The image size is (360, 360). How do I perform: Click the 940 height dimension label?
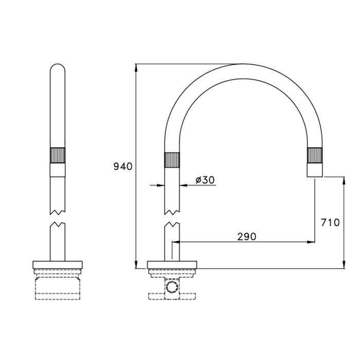(123, 166)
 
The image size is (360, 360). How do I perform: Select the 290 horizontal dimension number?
(246, 237)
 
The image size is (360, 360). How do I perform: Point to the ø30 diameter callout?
(205, 179)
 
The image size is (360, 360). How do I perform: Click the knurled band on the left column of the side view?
(172, 160)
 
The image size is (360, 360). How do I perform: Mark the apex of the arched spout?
(243, 71)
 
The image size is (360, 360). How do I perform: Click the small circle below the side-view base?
(172, 287)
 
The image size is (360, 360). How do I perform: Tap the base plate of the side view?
(172, 265)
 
